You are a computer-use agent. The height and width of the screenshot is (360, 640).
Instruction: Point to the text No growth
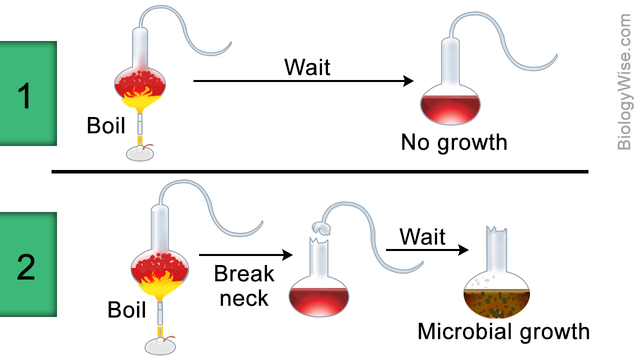pyautogui.click(x=454, y=142)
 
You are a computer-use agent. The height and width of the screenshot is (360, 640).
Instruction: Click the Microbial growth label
pyautogui.click(x=503, y=331)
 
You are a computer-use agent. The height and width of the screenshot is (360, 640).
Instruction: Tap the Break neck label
pyautogui.click(x=242, y=283)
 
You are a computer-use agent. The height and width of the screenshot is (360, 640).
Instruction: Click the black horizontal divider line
pyautogui.click(x=320, y=171)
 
